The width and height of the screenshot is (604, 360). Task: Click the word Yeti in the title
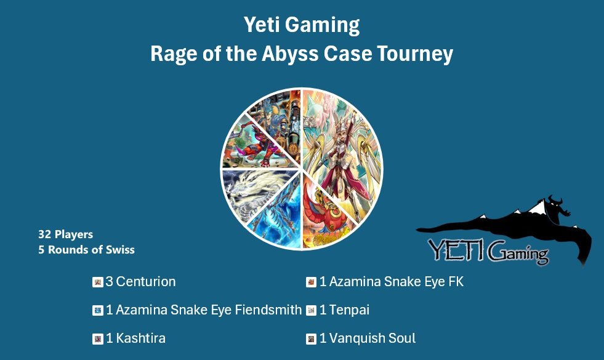[262, 26]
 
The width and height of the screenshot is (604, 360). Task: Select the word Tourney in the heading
[419, 54]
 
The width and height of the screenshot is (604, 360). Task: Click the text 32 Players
[65, 234]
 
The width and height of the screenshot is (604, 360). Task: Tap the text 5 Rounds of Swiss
[86, 250]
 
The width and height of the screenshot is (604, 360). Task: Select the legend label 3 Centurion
[140, 282]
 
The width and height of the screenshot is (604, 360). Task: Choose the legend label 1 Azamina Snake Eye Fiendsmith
[204, 310]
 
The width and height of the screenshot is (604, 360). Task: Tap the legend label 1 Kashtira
[135, 338]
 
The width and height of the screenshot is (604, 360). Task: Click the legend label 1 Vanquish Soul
[368, 338]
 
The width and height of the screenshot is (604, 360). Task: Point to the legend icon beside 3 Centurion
[97, 282]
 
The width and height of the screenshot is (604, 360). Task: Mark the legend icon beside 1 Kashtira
[97, 339]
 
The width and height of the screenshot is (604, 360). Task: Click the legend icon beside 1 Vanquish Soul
[311, 339]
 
